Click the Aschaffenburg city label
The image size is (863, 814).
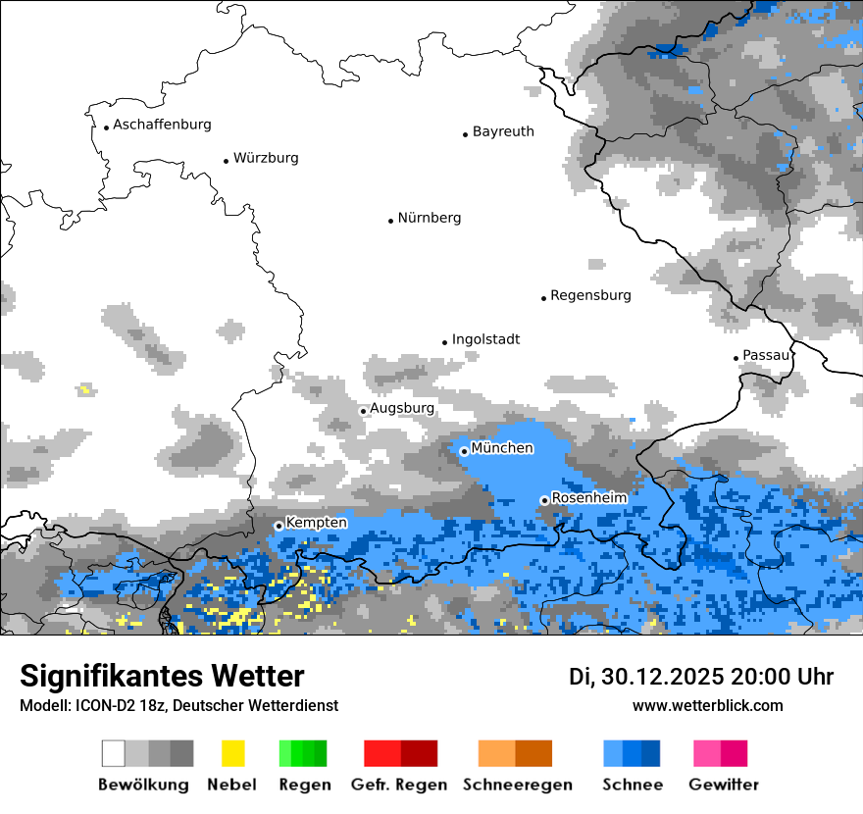click(162, 125)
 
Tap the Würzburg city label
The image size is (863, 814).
click(266, 158)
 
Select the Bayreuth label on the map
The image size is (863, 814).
click(503, 131)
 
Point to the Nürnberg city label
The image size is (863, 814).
click(429, 218)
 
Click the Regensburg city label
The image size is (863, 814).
click(590, 295)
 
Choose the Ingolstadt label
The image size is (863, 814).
click(485, 339)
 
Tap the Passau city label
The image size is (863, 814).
click(766, 355)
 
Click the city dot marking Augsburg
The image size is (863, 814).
click(363, 411)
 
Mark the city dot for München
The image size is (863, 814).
click(464, 451)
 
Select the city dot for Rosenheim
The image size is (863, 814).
click(544, 500)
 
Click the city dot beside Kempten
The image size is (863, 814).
click(279, 526)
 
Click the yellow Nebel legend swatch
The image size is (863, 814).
click(232, 753)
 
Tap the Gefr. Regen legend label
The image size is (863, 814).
click(399, 785)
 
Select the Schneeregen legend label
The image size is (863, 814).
click(518, 785)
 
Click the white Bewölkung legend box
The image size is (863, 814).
click(114, 753)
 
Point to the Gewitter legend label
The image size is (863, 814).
click(724, 785)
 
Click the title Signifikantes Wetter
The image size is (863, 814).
click(162, 676)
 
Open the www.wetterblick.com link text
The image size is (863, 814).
click(707, 706)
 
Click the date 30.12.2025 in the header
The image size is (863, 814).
click(660, 677)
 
